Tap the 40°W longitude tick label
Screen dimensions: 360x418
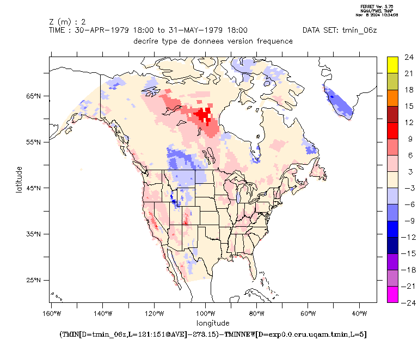pyautogui.click(x=359, y=313)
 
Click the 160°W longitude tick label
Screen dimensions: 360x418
pyautogui.click(x=51, y=313)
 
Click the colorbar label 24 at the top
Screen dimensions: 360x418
pyautogui.click(x=408, y=57)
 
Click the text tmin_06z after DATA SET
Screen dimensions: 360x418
pyautogui.click(x=358, y=30)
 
